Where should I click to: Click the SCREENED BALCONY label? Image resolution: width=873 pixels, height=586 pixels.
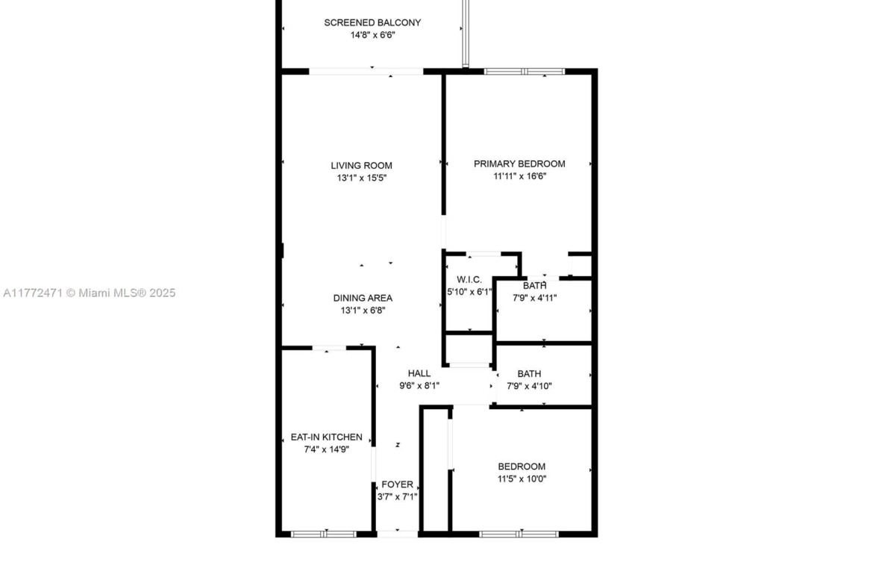click(x=372, y=23)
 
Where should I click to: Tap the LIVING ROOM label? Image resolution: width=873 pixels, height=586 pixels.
click(x=361, y=166)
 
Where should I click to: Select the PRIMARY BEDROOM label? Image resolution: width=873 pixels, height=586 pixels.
click(x=519, y=163)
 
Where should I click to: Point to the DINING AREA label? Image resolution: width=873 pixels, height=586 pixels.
click(x=363, y=298)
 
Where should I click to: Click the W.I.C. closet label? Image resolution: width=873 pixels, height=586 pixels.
click(x=469, y=280)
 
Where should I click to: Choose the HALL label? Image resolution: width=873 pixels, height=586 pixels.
click(x=419, y=373)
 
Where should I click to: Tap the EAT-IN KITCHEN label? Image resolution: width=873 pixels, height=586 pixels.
click(x=326, y=437)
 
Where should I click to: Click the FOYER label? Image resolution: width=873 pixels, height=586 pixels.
click(x=398, y=484)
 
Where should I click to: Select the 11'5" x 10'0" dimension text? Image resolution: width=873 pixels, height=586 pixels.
click(x=522, y=479)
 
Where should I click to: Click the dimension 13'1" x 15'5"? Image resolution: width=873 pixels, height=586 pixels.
click(x=362, y=178)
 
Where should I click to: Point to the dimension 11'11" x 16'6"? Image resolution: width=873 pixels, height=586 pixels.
click(x=520, y=176)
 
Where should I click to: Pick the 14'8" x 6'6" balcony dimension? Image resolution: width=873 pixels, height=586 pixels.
click(x=373, y=35)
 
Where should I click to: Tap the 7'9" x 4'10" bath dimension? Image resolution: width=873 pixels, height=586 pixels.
click(x=530, y=385)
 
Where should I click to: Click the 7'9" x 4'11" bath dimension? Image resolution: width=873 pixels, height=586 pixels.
click(x=534, y=298)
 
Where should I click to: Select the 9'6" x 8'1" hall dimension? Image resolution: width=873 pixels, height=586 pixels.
click(x=419, y=385)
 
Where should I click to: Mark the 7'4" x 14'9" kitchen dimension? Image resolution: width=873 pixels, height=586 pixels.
click(x=326, y=449)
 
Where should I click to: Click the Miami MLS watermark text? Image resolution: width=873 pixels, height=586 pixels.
click(x=89, y=293)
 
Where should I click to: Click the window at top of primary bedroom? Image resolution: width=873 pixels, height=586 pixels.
click(x=524, y=72)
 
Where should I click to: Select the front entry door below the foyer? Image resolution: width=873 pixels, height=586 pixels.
click(x=398, y=534)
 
